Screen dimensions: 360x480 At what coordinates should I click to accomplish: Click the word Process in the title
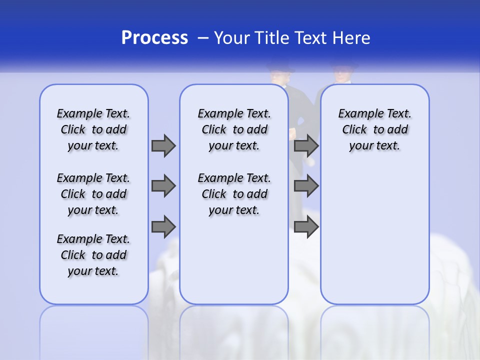(x=154, y=38)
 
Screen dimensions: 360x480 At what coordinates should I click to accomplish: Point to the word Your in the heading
(x=232, y=38)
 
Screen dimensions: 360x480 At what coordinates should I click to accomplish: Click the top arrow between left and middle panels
(x=163, y=146)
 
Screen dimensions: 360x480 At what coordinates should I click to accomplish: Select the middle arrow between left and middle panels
(x=163, y=186)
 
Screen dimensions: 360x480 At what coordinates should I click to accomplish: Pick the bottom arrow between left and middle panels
(x=163, y=226)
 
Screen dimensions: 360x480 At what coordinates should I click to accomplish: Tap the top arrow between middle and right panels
(x=306, y=146)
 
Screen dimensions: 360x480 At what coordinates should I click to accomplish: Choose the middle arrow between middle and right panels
(x=306, y=186)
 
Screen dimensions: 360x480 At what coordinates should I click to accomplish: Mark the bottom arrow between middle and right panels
(x=306, y=226)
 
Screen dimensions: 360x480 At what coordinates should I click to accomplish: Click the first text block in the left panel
(x=93, y=130)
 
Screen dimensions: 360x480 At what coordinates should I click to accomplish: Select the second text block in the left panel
(x=93, y=194)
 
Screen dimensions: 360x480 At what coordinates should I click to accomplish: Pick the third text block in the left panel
(x=93, y=255)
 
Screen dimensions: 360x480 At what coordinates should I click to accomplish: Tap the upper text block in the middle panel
(x=234, y=130)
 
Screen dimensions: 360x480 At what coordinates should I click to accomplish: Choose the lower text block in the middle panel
(x=234, y=194)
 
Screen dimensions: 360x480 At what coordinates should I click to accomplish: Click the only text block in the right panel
(x=374, y=130)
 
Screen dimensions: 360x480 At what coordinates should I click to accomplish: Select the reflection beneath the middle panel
(x=234, y=330)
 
